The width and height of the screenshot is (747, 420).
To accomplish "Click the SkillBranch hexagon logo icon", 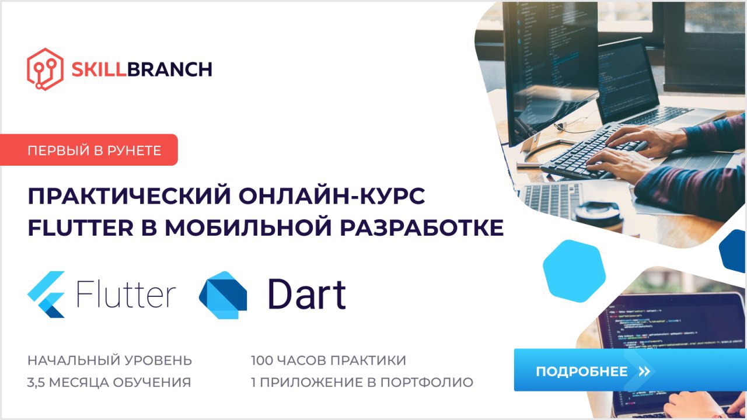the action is coord(45,69).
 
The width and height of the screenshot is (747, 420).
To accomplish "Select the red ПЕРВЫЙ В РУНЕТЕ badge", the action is coord(89,150).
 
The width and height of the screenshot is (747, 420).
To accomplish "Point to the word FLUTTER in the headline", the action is coord(81,228).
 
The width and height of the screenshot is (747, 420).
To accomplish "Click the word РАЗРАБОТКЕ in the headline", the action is coord(421,228).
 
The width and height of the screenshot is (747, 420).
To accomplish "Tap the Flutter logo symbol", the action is coord(46,295).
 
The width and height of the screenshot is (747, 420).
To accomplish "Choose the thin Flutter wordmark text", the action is coord(126,293).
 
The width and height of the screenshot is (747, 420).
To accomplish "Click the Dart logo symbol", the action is coord(223,295).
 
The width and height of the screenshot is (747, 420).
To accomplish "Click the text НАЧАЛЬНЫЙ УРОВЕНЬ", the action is coord(110,360).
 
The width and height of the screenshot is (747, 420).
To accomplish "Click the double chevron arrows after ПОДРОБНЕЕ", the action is coord(644,372).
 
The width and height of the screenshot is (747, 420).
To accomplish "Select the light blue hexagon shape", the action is coord(574,271).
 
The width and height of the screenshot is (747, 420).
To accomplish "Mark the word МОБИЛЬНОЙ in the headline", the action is coord(249,228).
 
